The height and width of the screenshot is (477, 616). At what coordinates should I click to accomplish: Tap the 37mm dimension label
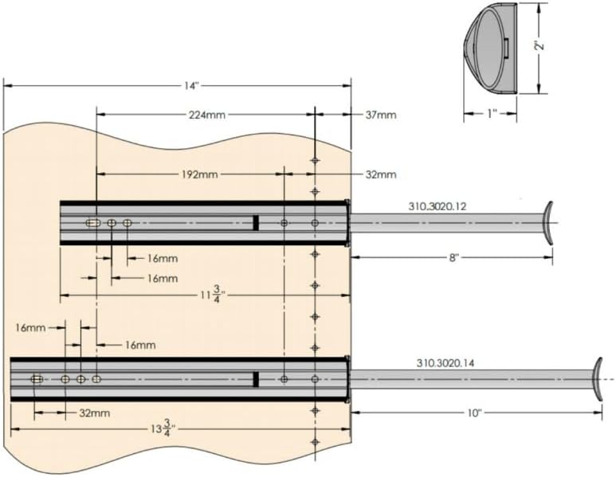(381, 115)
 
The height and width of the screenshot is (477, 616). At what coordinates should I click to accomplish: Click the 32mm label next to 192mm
(381, 174)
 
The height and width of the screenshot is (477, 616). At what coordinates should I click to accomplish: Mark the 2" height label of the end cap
(539, 46)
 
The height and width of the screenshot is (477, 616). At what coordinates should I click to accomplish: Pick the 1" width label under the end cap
(491, 115)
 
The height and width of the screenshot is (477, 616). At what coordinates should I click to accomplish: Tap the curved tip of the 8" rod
(548, 222)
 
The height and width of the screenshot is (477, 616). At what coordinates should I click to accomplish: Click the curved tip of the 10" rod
(598, 379)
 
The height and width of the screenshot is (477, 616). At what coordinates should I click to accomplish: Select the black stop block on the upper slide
(256, 223)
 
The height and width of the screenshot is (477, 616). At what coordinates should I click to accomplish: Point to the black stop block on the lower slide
(256, 379)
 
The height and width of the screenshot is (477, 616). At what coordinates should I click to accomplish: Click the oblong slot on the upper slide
(94, 223)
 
